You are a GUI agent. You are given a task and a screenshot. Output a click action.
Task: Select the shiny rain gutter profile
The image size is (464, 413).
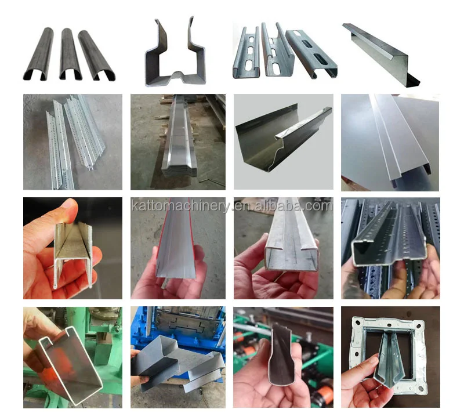point(281,139)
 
